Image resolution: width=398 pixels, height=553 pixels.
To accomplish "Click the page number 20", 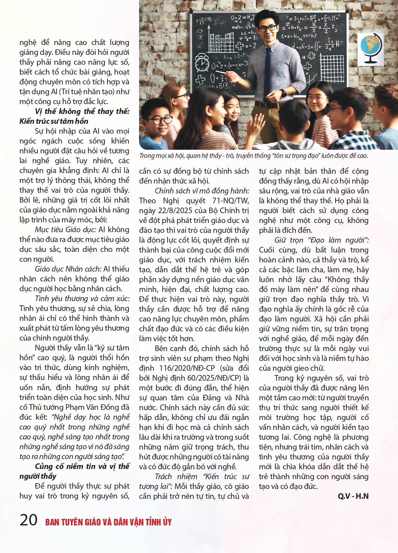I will click(x=28, y=520).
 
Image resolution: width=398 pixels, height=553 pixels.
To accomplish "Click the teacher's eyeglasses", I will click(x=268, y=29).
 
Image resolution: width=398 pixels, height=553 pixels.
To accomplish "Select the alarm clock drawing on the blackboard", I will click(x=202, y=62).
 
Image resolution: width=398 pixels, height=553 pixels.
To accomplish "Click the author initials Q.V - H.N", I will click(x=353, y=496).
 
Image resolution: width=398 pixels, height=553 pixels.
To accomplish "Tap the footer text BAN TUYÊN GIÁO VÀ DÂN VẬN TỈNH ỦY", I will click(x=108, y=522).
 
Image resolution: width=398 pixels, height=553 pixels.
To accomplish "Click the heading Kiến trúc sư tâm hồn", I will click(x=54, y=121).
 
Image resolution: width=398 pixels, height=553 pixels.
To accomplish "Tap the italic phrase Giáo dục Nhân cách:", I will click(x=68, y=269).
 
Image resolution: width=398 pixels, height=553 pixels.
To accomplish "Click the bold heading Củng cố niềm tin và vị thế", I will click(x=82, y=466).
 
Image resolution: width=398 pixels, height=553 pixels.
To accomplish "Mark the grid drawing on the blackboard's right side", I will click(x=332, y=67).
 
